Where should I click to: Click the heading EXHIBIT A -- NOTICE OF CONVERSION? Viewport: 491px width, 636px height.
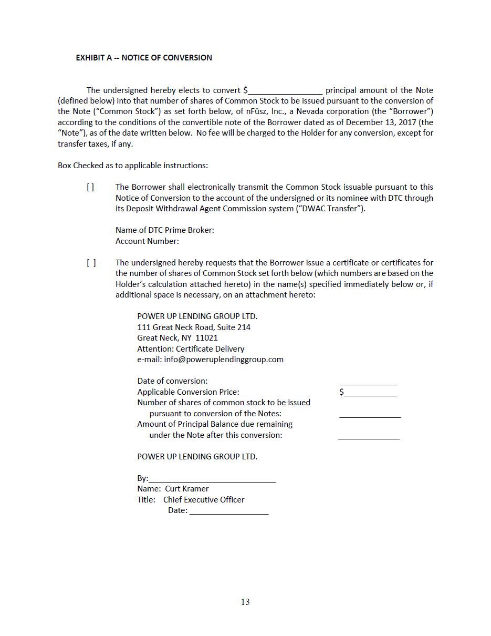click(x=144, y=58)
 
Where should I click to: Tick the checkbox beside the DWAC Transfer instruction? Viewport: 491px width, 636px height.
click(x=91, y=187)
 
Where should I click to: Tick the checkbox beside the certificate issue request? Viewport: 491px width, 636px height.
click(x=91, y=263)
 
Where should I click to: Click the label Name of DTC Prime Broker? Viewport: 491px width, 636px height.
click(x=164, y=230)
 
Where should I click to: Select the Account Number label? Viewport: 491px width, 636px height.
click(x=147, y=241)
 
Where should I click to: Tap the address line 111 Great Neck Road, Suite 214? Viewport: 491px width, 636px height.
click(x=194, y=327)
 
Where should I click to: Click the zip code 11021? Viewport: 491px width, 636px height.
click(x=206, y=338)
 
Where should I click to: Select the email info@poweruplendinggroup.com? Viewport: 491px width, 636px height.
click(x=224, y=360)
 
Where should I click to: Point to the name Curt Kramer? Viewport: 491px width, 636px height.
click(x=186, y=489)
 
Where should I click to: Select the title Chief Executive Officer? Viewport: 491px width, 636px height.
click(x=204, y=500)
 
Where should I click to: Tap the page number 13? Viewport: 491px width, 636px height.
click(x=245, y=602)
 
